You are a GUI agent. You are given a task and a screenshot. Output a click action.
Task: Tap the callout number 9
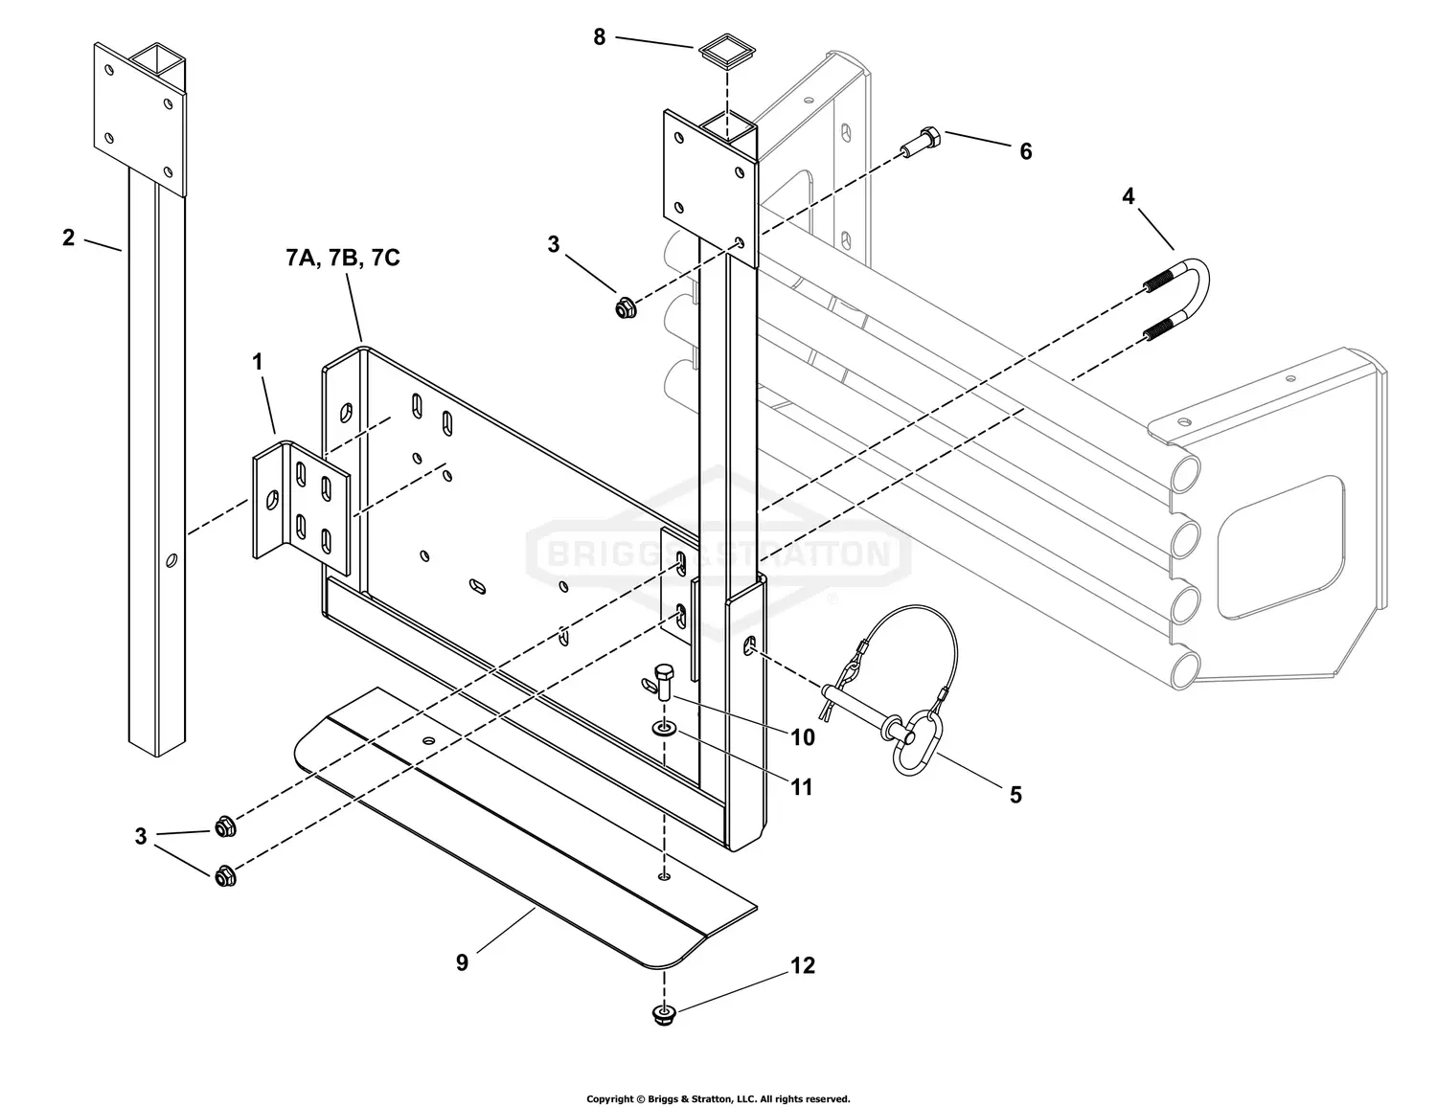[462, 962]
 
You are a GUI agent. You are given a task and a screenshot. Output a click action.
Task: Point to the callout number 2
[68, 237]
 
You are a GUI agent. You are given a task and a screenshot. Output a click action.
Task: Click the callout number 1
[257, 362]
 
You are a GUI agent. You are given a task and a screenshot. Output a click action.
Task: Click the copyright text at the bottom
[718, 1098]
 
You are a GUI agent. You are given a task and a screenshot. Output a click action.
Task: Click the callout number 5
[1015, 795]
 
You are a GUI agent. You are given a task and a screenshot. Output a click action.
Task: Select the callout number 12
[802, 965]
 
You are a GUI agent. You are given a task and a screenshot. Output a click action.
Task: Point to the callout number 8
[600, 37]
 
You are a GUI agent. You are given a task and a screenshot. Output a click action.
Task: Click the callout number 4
[1129, 196]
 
